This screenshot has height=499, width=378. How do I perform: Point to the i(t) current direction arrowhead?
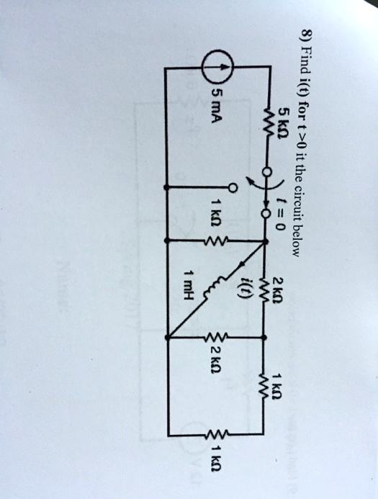click(243, 264)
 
